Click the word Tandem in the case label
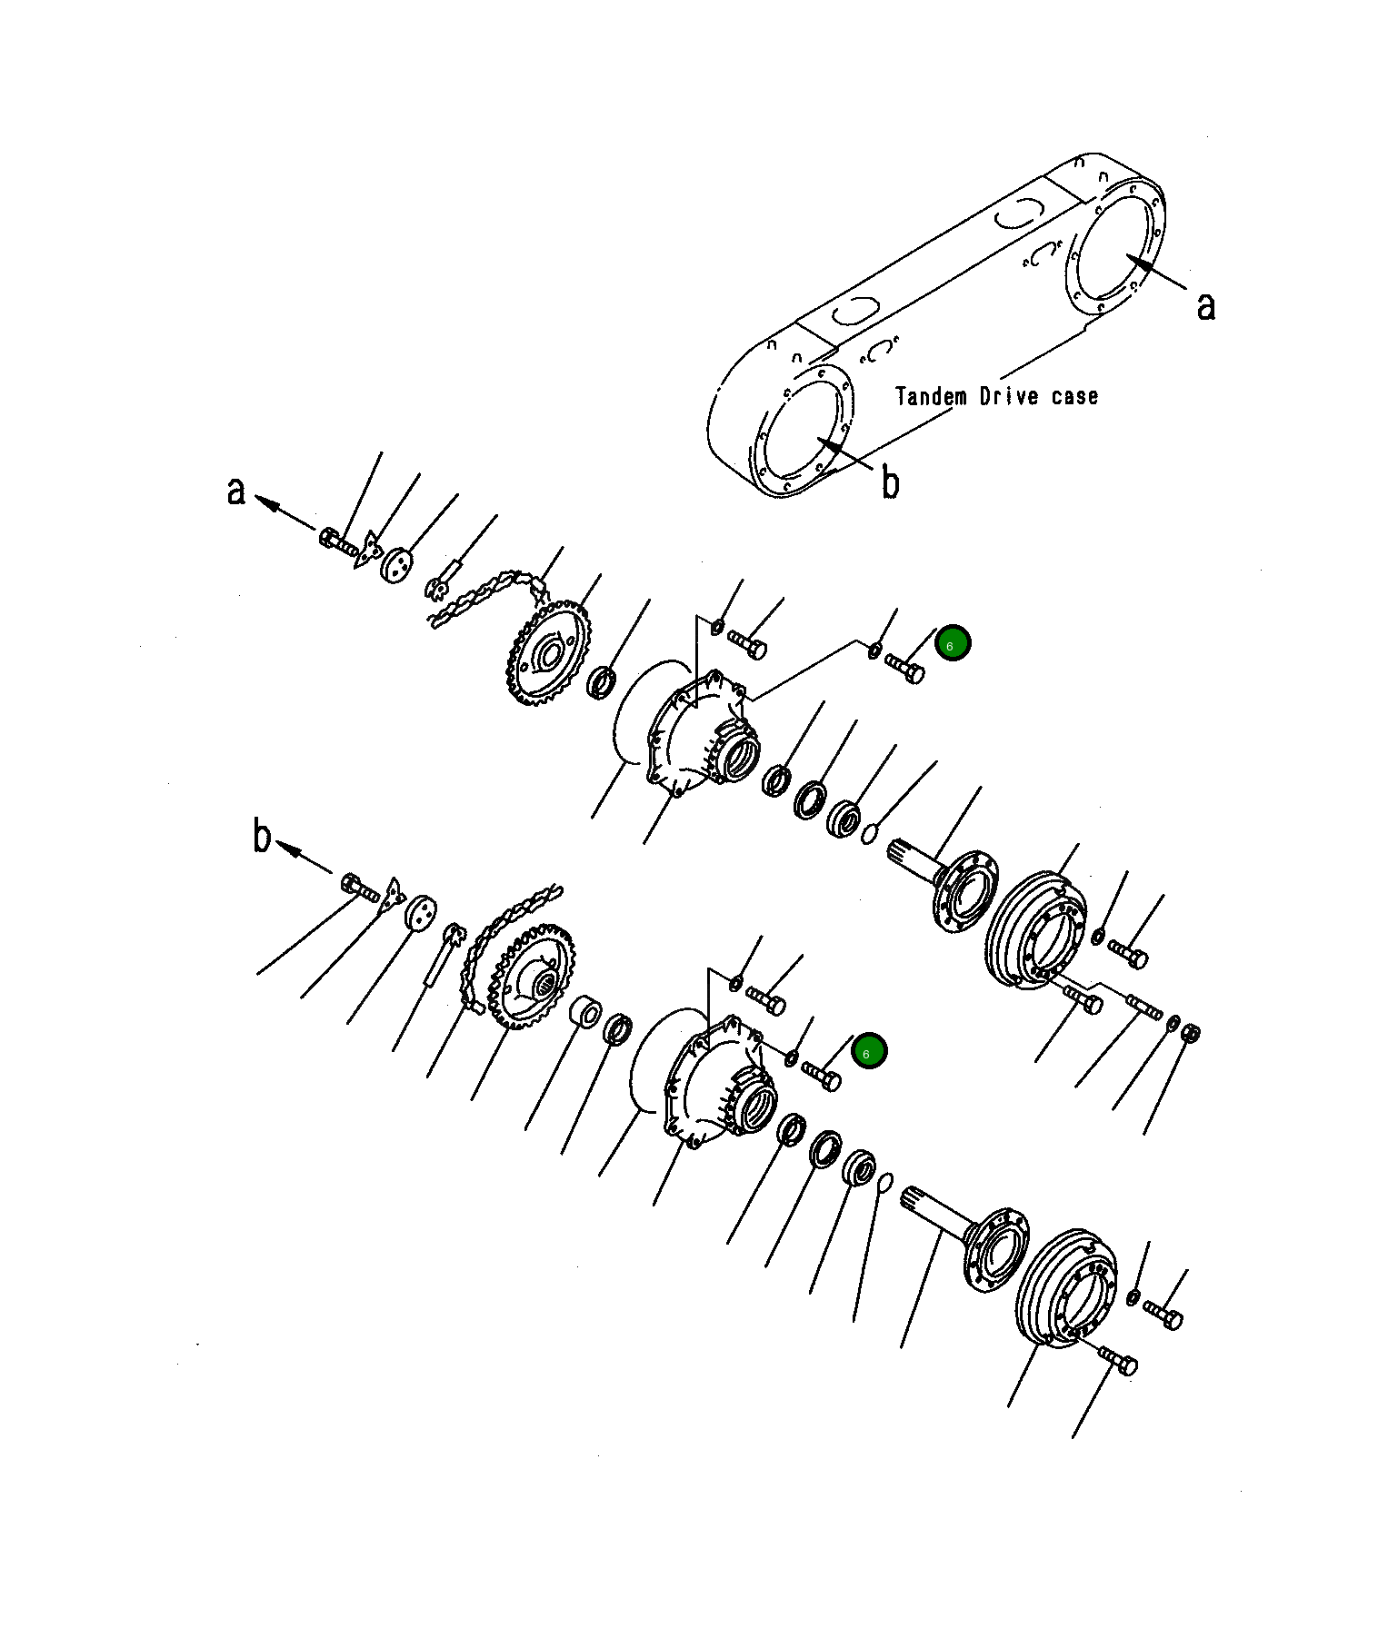click(x=931, y=396)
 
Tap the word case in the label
click(x=1075, y=396)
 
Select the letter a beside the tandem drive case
click(x=1205, y=306)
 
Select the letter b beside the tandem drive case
click(x=891, y=482)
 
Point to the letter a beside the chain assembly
click(x=236, y=491)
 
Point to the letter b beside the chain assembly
click(x=262, y=836)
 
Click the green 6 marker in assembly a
click(x=953, y=644)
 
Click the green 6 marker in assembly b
click(x=869, y=1051)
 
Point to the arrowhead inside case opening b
click(x=831, y=445)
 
